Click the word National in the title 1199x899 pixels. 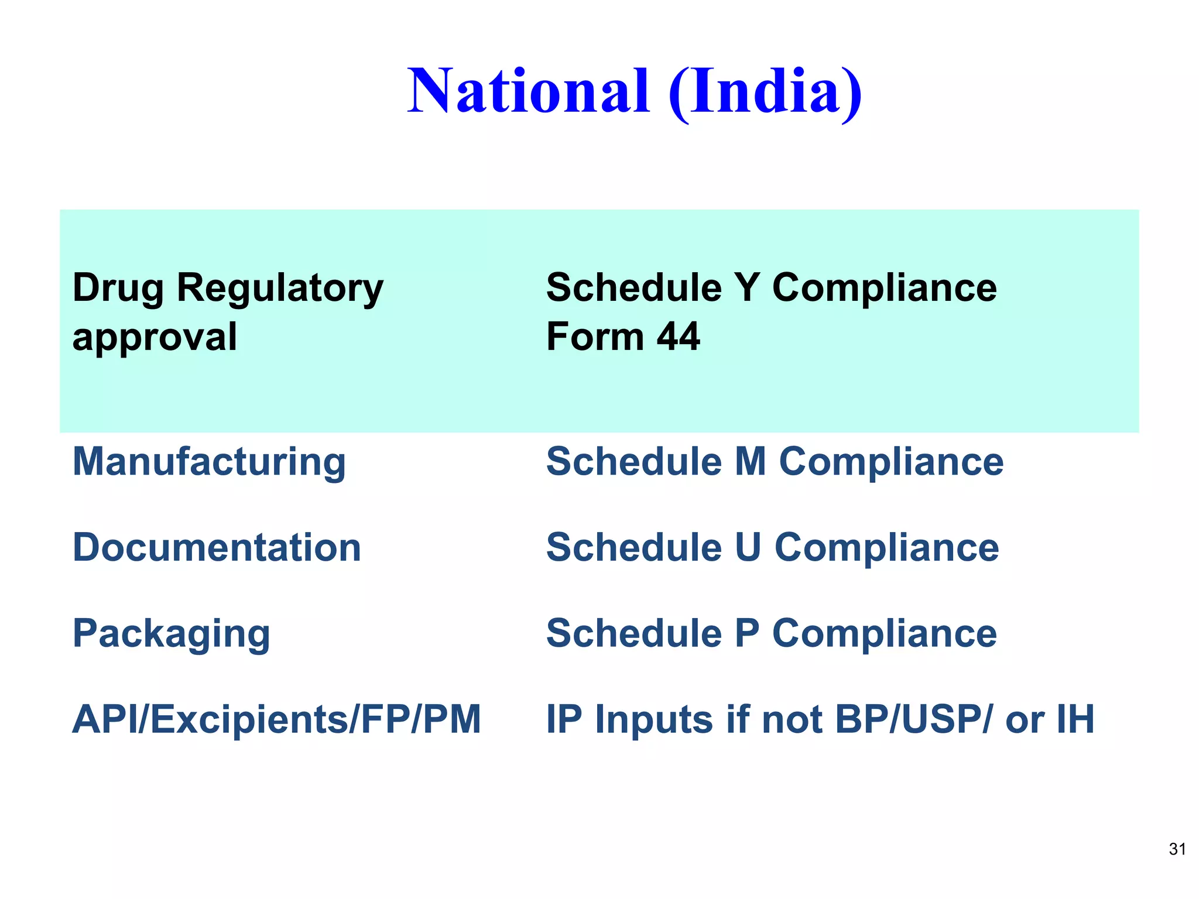pyautogui.click(x=529, y=91)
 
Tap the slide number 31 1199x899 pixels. pyautogui.click(x=1177, y=849)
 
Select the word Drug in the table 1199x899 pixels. pyautogui.click(x=118, y=289)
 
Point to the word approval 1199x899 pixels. pyautogui.click(x=155, y=338)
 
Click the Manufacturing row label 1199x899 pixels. pyautogui.click(x=209, y=462)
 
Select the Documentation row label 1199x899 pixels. pyautogui.click(x=217, y=548)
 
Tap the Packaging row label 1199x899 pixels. pyautogui.click(x=171, y=634)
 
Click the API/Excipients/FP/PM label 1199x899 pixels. pyautogui.click(x=276, y=719)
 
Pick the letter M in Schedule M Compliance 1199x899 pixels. pyautogui.click(x=750, y=462)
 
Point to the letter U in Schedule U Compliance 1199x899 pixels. pyautogui.click(x=747, y=548)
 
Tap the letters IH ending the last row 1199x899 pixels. pyautogui.click(x=1075, y=719)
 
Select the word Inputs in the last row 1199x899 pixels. pyautogui.click(x=654, y=719)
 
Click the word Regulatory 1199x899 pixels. pyautogui.click(x=280, y=289)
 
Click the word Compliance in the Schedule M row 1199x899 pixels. pyautogui.click(x=890, y=462)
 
